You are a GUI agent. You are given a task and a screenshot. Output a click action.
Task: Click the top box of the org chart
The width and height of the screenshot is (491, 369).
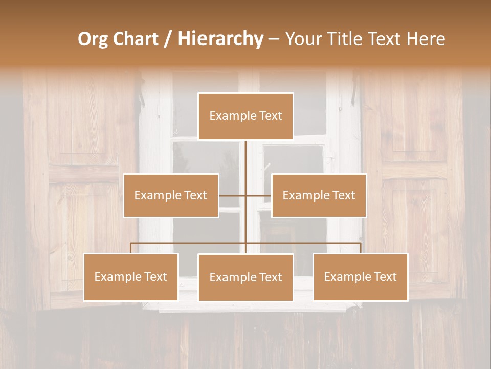[245, 116]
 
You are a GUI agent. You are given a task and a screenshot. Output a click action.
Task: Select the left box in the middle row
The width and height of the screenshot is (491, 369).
[171, 195]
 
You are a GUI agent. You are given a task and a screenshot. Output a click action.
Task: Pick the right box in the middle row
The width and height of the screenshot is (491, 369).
[319, 195]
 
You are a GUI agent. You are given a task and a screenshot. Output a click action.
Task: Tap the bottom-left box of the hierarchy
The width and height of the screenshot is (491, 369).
[131, 277]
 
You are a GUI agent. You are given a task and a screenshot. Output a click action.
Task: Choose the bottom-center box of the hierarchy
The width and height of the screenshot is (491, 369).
[245, 277]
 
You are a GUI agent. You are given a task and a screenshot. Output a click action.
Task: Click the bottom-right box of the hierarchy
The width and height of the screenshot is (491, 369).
[360, 277]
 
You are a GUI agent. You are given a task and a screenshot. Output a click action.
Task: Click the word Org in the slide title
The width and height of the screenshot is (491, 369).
[93, 39]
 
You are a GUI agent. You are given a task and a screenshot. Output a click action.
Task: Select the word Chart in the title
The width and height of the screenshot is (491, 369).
[137, 39]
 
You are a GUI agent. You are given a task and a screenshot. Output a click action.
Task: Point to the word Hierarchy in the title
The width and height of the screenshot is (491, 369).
[220, 39]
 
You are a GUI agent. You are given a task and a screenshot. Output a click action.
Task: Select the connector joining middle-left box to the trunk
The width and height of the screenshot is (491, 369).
[232, 195]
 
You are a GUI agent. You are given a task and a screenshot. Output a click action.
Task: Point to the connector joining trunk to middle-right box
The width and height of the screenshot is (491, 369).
[259, 195]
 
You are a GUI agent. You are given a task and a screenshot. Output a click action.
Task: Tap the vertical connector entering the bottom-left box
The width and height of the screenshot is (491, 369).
[131, 248]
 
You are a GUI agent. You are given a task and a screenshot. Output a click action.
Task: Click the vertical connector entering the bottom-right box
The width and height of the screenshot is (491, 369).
[360, 248]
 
